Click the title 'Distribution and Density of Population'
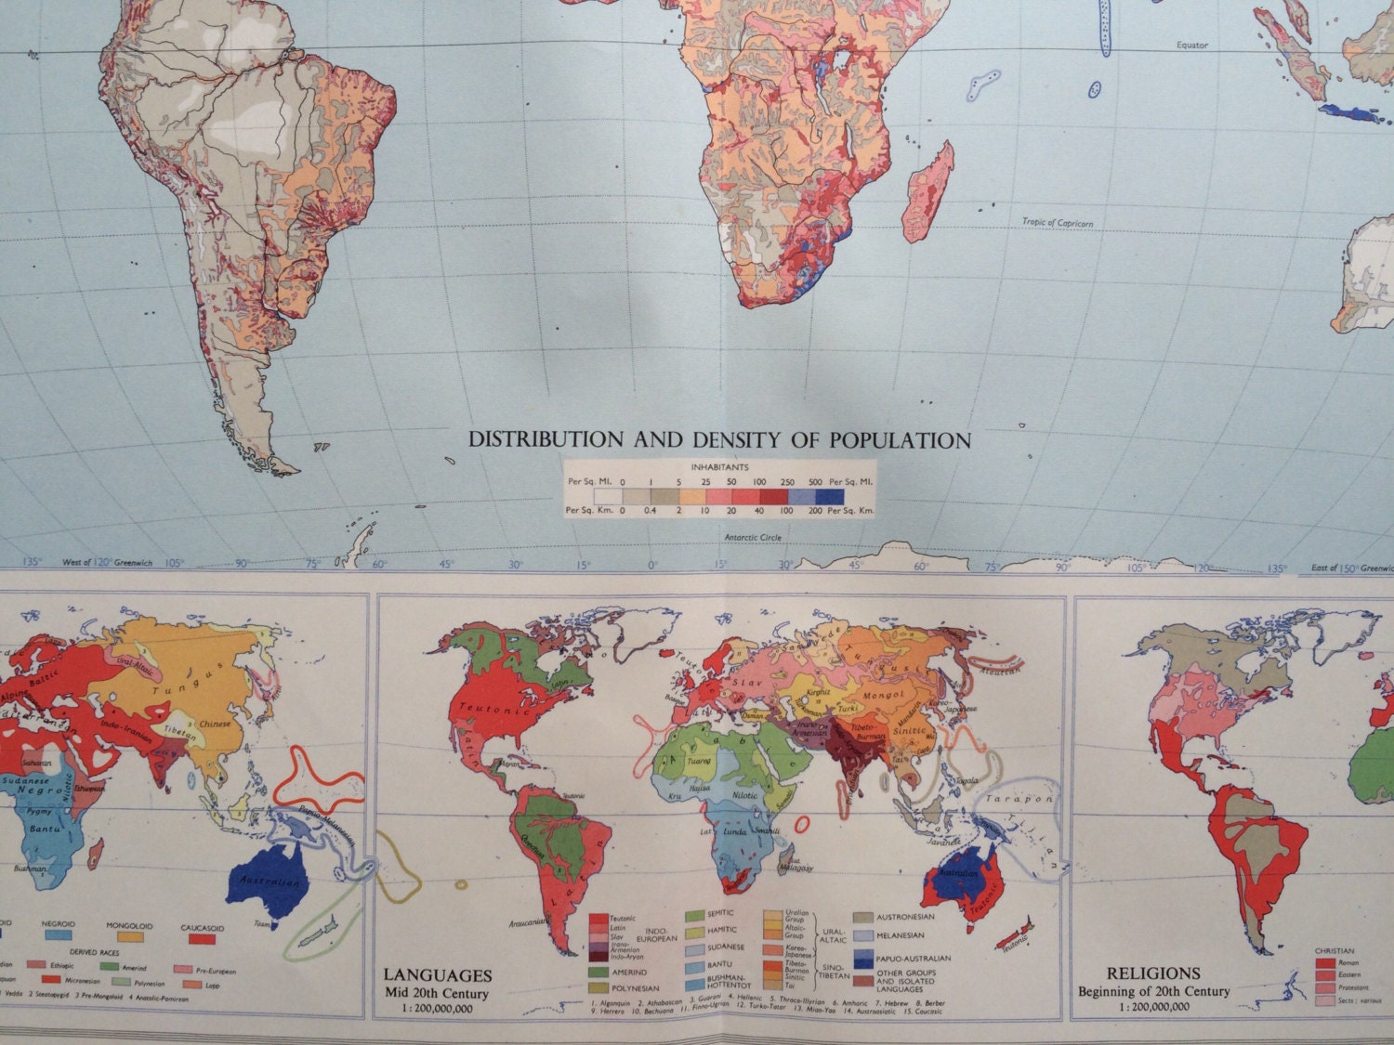(719, 440)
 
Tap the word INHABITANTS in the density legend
(720, 468)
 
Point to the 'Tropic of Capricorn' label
(1058, 222)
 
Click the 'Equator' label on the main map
(1191, 45)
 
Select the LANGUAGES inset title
(438, 976)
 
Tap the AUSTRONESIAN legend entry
(905, 918)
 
